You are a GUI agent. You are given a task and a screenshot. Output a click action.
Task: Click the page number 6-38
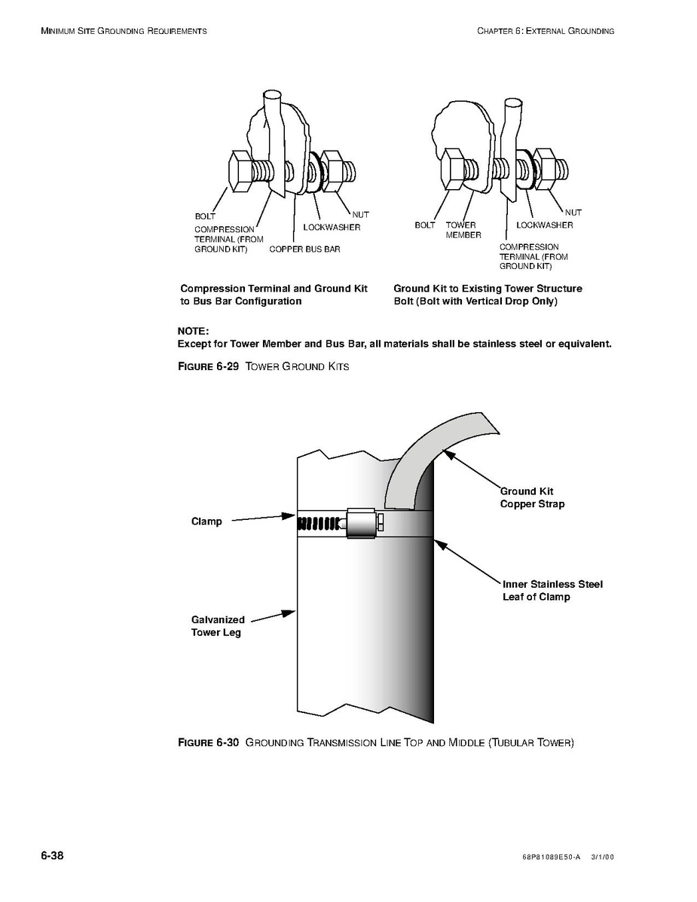pyautogui.click(x=52, y=856)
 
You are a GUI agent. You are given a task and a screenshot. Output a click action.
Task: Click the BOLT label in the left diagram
pyautogui.click(x=205, y=216)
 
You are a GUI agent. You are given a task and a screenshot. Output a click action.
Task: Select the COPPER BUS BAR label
pyautogui.click(x=304, y=249)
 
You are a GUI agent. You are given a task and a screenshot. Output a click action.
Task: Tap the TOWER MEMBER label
pyautogui.click(x=463, y=230)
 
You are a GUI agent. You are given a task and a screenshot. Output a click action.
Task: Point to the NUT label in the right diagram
pyautogui.click(x=573, y=213)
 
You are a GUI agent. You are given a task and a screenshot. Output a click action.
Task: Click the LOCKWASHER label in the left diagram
pyautogui.click(x=332, y=228)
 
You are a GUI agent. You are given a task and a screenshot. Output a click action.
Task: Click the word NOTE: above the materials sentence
pyautogui.click(x=193, y=331)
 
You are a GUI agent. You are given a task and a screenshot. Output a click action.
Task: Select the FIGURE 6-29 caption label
pyautogui.click(x=208, y=367)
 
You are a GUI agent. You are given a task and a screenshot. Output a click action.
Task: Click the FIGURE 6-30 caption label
pyautogui.click(x=208, y=743)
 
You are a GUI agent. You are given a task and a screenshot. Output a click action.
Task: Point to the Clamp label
pyautogui.click(x=206, y=521)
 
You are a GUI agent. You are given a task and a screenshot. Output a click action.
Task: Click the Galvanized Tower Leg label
pyautogui.click(x=217, y=626)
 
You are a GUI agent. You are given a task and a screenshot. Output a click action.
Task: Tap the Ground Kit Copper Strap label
pyautogui.click(x=532, y=498)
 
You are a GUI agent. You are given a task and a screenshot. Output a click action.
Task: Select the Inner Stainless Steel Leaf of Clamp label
pyautogui.click(x=552, y=591)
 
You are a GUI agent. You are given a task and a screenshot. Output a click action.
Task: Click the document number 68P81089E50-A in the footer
pyautogui.click(x=550, y=858)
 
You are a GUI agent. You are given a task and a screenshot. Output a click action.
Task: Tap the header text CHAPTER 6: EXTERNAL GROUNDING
pyautogui.click(x=546, y=31)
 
